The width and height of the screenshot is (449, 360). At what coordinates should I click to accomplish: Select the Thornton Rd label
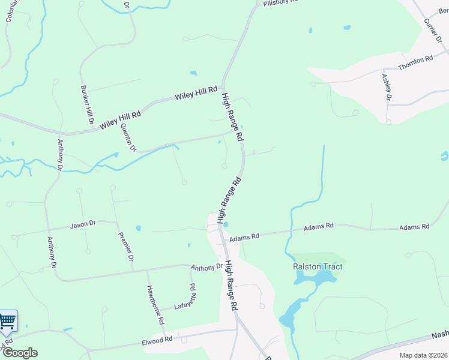[415, 60]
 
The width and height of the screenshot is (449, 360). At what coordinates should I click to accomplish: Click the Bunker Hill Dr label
[88, 104]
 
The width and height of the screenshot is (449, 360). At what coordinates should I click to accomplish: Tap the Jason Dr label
[83, 224]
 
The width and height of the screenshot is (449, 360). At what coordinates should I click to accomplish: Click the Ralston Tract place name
[313, 266]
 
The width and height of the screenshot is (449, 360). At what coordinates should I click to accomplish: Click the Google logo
[20, 353]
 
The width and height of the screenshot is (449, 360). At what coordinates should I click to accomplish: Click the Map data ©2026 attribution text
[423, 355]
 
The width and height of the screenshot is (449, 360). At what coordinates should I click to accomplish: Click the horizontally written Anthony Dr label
[207, 266]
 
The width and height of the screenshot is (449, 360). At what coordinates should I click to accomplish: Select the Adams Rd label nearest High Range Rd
[247, 236]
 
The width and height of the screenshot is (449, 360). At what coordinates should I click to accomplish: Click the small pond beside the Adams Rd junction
[226, 225]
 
